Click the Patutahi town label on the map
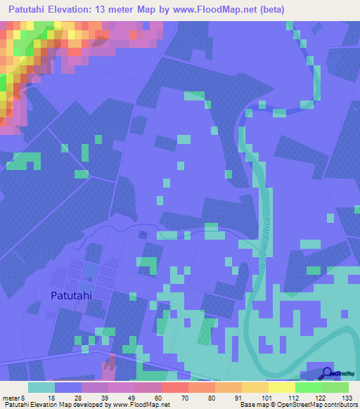(x=72, y=296)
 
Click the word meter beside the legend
(x=13, y=397)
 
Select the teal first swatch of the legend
(x=41, y=387)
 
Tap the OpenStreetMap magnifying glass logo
(x=328, y=374)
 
